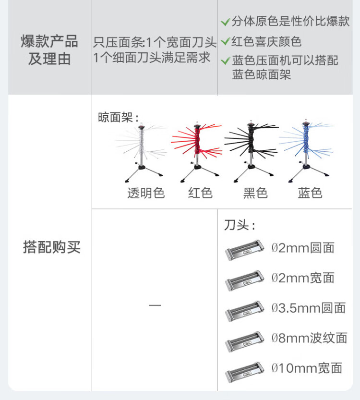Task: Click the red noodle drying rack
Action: pyautogui.click(x=197, y=152)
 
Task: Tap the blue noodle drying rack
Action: pyautogui.click(x=305, y=150)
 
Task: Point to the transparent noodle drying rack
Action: pyautogui.click(x=141, y=153)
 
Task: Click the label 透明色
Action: pyautogui.click(x=146, y=193)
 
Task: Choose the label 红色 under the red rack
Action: pyautogui.click(x=200, y=193)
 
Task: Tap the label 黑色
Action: pyautogui.click(x=255, y=193)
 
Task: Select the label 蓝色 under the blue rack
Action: pyautogui.click(x=310, y=193)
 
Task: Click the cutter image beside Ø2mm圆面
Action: pyautogui.click(x=244, y=250)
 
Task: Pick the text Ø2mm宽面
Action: pyautogui.click(x=303, y=278)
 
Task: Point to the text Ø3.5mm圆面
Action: pyautogui.click(x=309, y=308)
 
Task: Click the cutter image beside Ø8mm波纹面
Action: pyautogui.click(x=244, y=341)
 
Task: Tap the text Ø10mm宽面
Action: pyautogui.click(x=307, y=368)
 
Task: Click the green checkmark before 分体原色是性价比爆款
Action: pyautogui.click(x=226, y=22)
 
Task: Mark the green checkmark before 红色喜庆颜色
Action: pyautogui.click(x=226, y=42)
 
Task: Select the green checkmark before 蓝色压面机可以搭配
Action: pyautogui.click(x=226, y=61)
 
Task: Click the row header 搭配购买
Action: pyautogui.click(x=52, y=247)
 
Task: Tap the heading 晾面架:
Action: pyautogui.click(x=118, y=118)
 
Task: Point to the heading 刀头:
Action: pyautogui.click(x=240, y=225)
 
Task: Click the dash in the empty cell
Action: pyautogui.click(x=155, y=305)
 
